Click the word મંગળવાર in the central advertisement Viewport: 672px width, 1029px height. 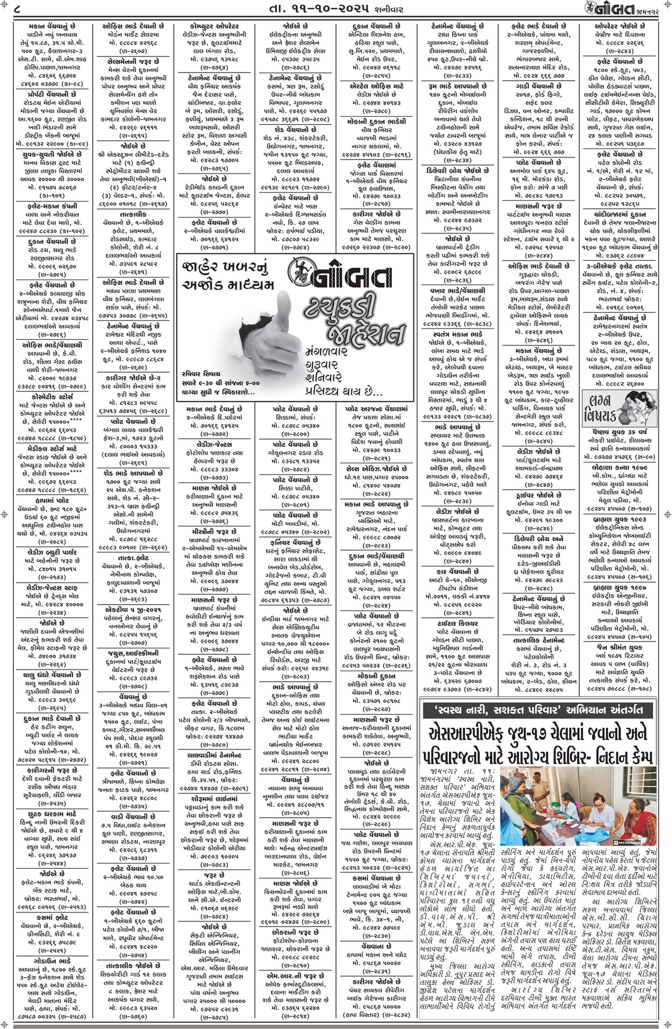(x=328, y=350)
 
